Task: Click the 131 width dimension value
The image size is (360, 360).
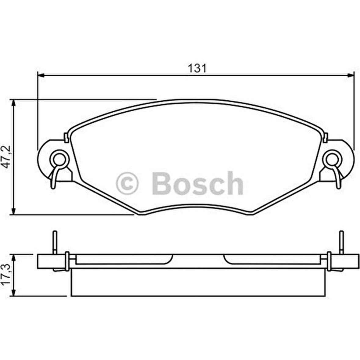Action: pos(197,68)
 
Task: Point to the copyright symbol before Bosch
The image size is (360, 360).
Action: pos(127,183)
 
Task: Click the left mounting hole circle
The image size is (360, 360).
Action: pos(58,159)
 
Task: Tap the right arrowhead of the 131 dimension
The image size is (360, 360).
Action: pos(351,75)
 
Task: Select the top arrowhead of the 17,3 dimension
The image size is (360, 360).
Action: pos(13,257)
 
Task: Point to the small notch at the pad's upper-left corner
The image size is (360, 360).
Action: pos(66,137)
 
